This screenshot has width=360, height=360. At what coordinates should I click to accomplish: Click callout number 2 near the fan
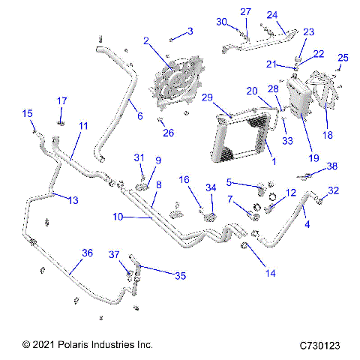pos(146,40)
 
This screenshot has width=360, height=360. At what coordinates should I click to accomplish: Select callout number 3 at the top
pos(190,31)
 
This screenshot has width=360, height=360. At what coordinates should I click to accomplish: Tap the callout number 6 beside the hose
pos(140,116)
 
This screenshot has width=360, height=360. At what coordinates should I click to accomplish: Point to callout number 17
pos(62,100)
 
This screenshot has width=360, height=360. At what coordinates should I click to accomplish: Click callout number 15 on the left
pos(27,113)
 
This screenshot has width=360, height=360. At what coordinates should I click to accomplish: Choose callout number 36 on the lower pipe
pos(87,253)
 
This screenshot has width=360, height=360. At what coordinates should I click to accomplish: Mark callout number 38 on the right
pos(332,166)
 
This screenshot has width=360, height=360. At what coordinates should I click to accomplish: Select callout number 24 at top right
pos(272,14)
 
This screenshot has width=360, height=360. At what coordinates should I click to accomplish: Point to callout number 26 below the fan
pos(169,133)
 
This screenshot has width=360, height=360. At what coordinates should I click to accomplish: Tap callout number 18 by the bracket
pos(327,135)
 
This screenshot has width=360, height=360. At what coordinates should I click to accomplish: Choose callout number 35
pos(180,275)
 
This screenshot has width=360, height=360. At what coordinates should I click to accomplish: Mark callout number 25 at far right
pos(343,58)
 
